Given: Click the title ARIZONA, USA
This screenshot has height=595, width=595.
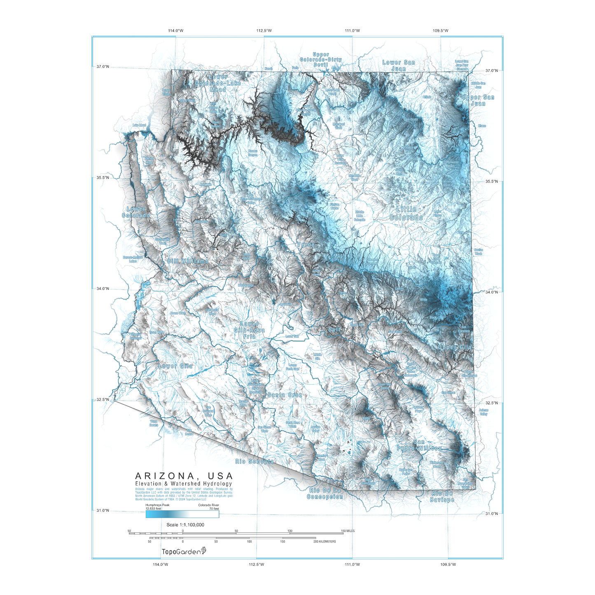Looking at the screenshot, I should [x=184, y=476].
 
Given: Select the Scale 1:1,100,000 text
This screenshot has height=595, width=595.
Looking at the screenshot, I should [x=185, y=525].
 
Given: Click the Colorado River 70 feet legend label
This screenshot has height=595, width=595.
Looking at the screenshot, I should [x=209, y=506].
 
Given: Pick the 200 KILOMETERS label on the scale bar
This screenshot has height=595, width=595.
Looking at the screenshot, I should [x=324, y=541].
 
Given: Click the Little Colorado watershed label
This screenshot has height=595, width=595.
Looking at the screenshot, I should [x=406, y=213].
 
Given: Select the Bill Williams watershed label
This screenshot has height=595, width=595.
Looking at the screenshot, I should [x=188, y=261].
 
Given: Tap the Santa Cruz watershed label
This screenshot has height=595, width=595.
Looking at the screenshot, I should [x=285, y=395].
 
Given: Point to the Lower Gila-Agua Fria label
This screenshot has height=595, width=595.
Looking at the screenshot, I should [x=250, y=330].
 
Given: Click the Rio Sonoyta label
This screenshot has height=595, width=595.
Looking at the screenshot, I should [x=254, y=462].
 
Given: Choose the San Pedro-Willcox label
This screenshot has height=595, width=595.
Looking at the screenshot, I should [x=419, y=445].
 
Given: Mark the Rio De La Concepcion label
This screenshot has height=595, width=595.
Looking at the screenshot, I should [x=325, y=493].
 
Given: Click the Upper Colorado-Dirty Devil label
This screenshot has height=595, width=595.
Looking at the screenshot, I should [x=321, y=59].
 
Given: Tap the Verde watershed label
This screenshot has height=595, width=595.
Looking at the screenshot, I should [x=306, y=245].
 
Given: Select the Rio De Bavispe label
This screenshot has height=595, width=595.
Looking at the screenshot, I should [x=442, y=496].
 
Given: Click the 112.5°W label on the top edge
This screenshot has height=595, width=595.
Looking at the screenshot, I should [x=264, y=30].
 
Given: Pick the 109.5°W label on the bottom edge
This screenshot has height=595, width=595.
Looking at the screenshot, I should [x=448, y=564].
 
